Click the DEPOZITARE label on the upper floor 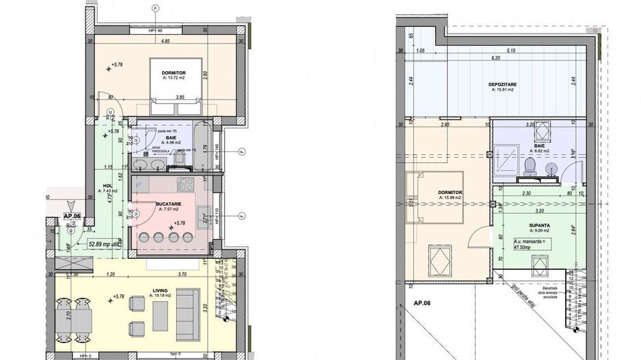pyautogui.click(x=502, y=85)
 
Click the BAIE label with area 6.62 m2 pyautogui.click(x=540, y=146)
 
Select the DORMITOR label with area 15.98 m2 pyautogui.click(x=452, y=193)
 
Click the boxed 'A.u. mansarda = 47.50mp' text pyautogui.click(x=521, y=245)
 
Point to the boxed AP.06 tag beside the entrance pyautogui.click(x=72, y=215)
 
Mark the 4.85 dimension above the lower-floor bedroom pyautogui.click(x=165, y=42)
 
